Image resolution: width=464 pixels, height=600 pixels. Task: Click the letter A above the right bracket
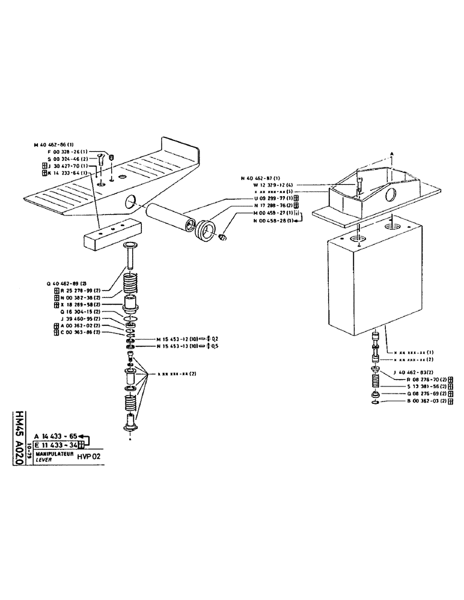[391, 154]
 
